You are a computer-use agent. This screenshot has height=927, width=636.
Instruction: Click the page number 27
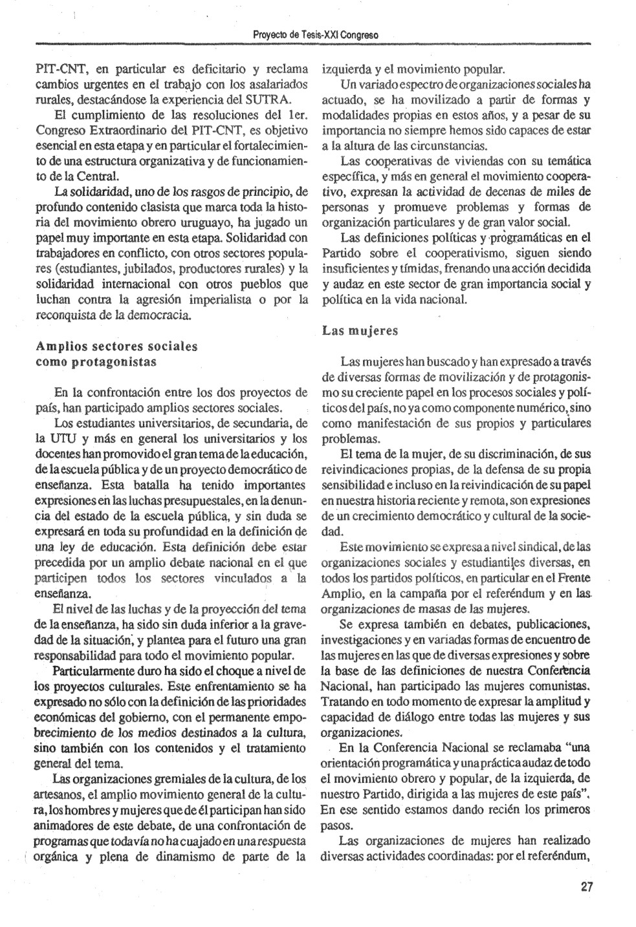point(587,887)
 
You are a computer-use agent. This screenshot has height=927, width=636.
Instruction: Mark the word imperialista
point(223,300)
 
